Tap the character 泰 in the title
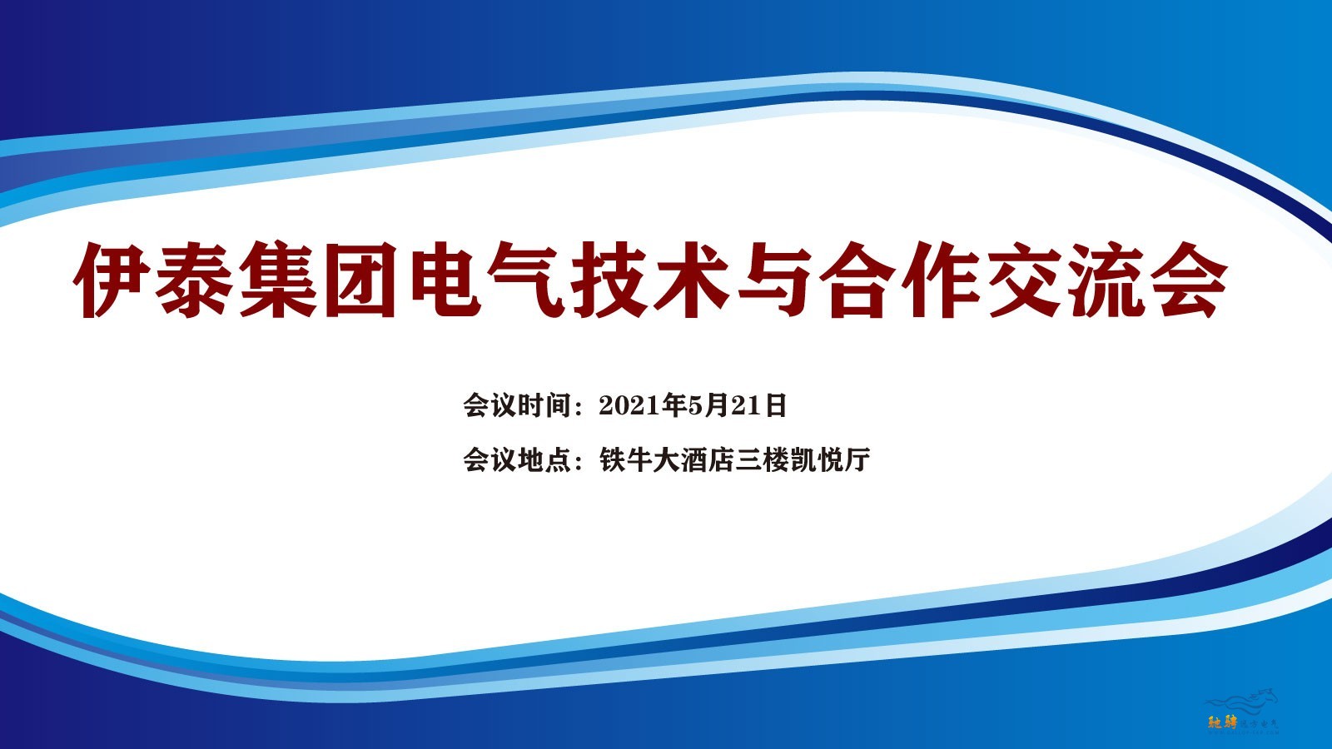pos(195,280)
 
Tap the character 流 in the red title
pos(1106,280)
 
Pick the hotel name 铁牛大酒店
pos(666,459)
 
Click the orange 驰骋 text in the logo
pos(1222,723)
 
